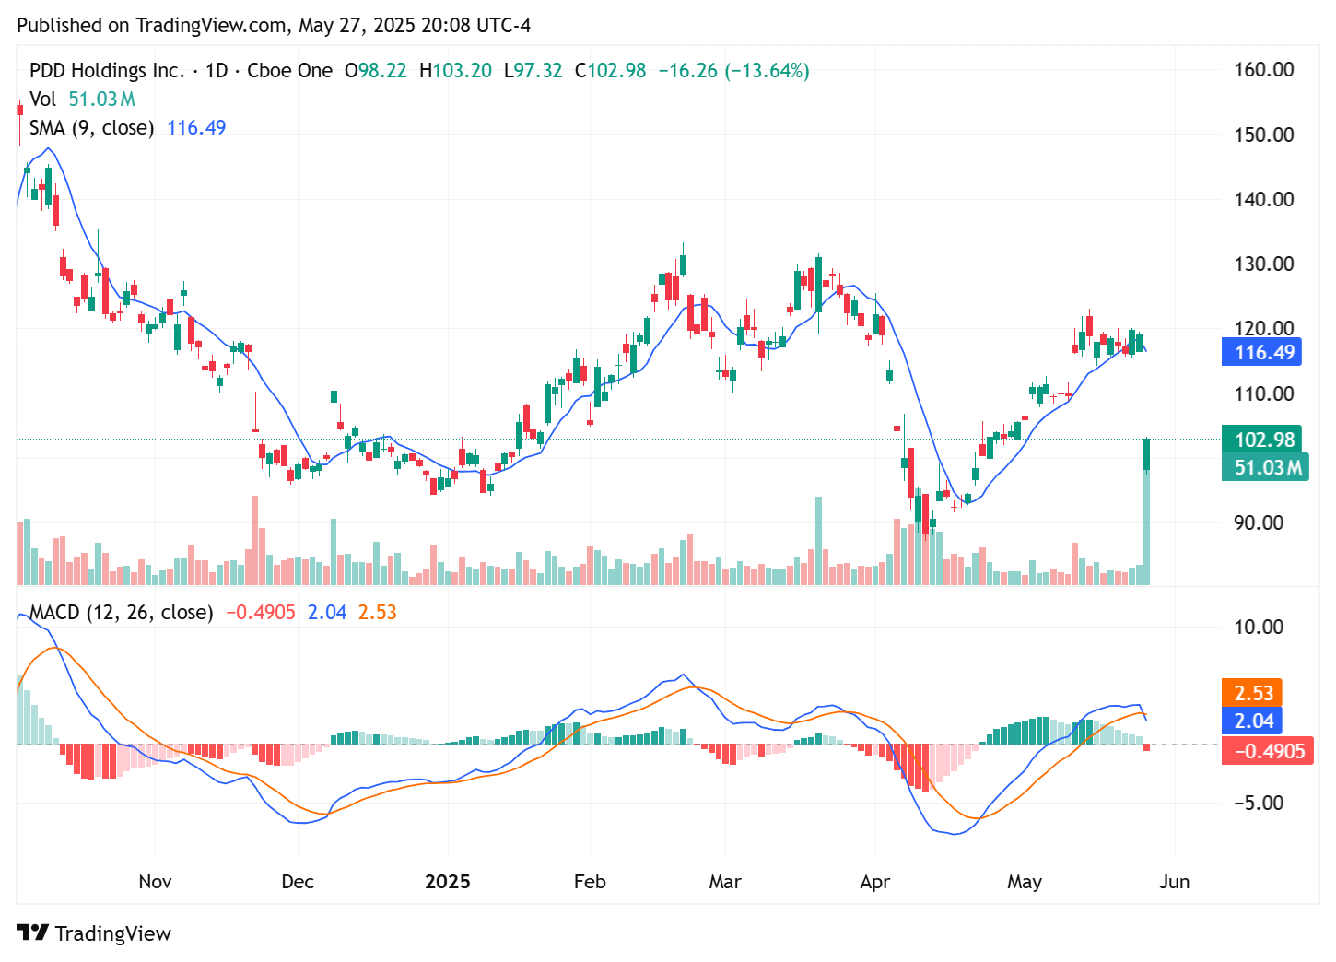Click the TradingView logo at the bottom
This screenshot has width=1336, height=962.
tap(94, 933)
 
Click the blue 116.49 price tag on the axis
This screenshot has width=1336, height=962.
tap(1261, 352)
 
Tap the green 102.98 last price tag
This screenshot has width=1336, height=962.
tap(1261, 440)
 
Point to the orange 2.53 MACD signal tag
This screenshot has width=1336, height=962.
tap(1253, 693)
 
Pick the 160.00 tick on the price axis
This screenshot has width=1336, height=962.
tap(1264, 70)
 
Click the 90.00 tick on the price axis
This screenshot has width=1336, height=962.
tap(1259, 522)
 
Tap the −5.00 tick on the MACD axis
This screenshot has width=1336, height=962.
tap(1259, 803)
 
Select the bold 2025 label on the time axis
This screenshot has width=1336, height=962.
tap(448, 882)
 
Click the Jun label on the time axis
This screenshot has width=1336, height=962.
tap(1174, 882)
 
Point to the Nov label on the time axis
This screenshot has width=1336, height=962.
tap(155, 882)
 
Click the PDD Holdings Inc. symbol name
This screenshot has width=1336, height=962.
tap(107, 71)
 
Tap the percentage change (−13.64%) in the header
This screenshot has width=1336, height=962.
tap(767, 71)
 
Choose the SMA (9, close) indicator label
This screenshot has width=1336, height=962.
tap(91, 128)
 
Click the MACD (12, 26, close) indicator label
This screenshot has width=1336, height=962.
tap(122, 613)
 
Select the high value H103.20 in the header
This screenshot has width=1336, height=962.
tap(455, 71)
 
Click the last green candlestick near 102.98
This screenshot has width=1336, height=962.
tap(1147, 454)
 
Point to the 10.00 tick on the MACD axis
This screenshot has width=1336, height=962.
tap(1259, 627)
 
